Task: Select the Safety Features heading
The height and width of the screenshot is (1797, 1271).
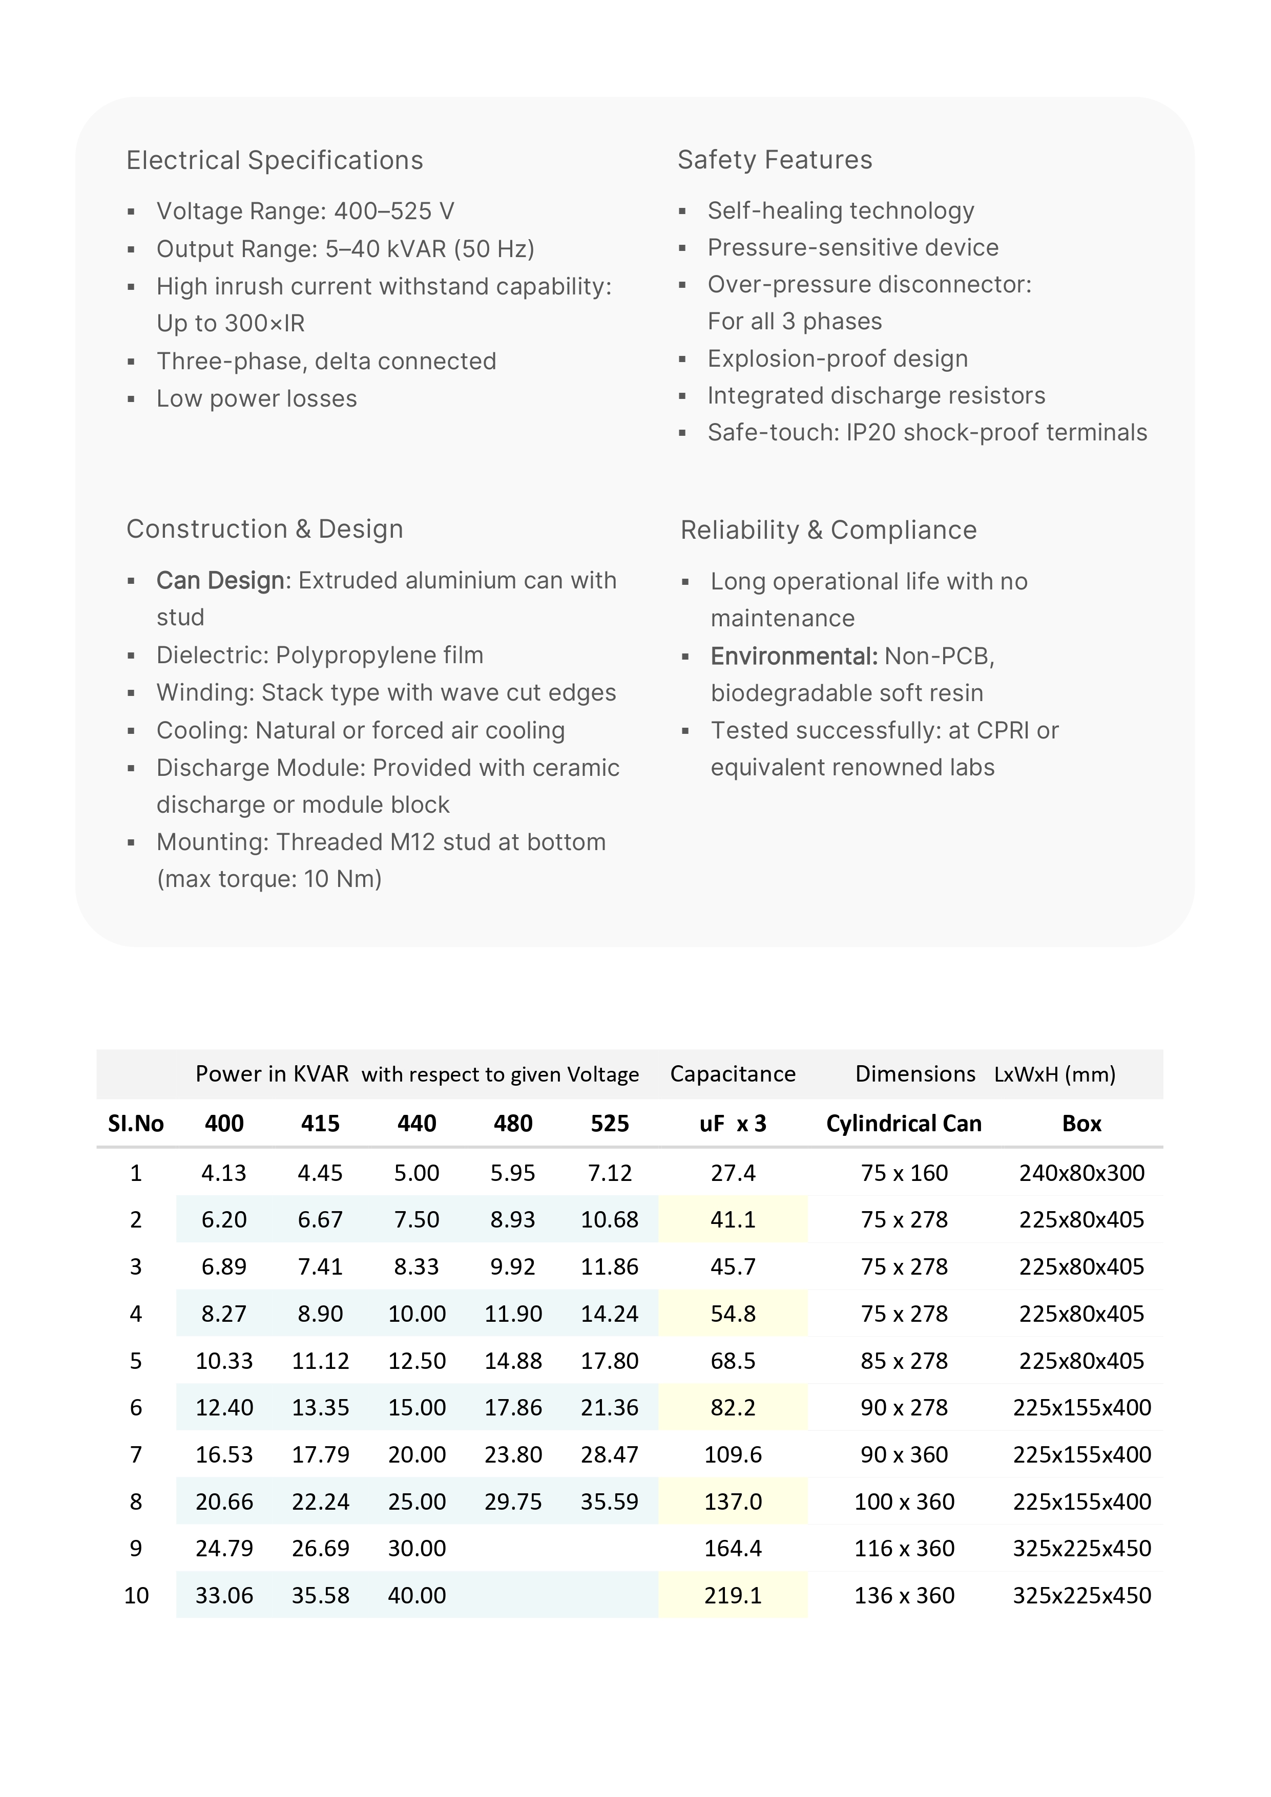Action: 775,160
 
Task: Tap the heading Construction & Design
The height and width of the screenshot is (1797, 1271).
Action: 265,529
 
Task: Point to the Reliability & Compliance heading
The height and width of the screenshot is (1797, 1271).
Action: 828,530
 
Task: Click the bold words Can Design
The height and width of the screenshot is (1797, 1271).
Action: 220,581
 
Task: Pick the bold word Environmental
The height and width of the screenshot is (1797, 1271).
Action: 794,656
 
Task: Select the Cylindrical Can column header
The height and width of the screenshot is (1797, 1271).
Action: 904,1124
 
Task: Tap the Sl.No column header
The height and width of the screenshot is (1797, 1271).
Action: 135,1124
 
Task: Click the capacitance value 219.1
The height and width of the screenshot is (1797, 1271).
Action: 733,1595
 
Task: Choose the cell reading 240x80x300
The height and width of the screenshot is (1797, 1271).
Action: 1081,1172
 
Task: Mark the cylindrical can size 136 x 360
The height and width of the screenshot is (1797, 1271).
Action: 904,1595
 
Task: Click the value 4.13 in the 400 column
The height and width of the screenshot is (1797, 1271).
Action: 224,1172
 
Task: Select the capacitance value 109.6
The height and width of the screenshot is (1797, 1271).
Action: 733,1454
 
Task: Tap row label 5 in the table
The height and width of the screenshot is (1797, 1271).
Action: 135,1360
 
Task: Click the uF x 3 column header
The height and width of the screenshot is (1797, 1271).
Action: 733,1124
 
